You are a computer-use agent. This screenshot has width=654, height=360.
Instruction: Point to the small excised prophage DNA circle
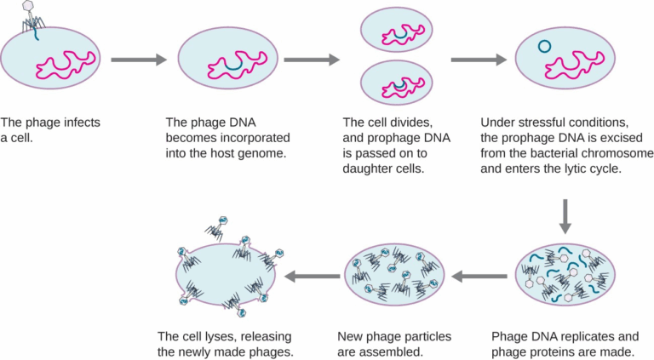543,45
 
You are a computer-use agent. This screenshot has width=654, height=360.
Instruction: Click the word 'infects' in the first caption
79,123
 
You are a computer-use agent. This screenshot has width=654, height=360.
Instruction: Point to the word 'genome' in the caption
263,153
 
